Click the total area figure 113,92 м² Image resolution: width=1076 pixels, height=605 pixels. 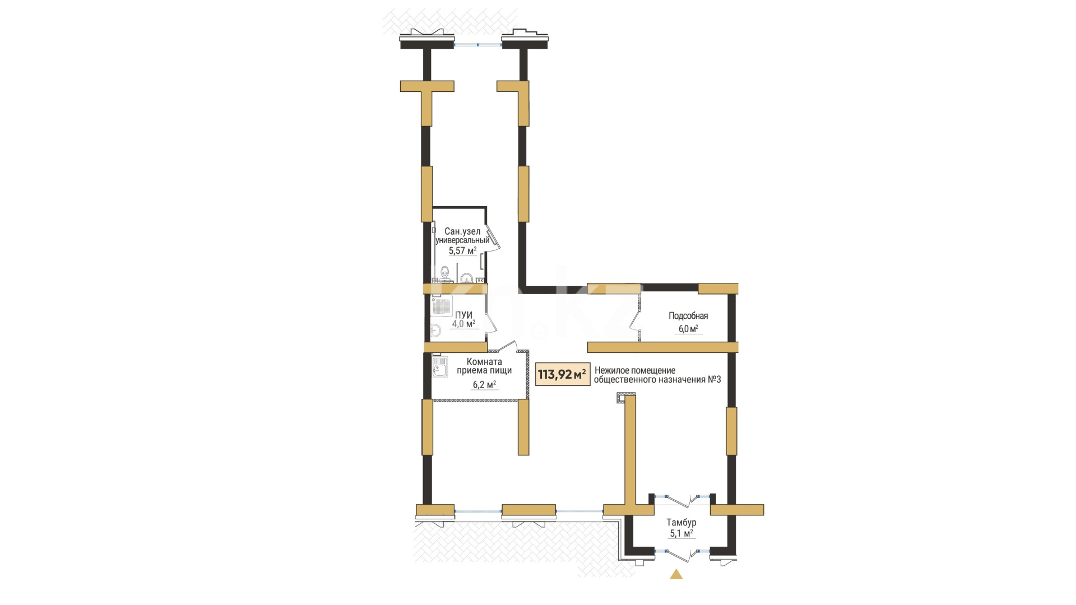coord(562,374)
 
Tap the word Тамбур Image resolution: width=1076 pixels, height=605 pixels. coord(681,523)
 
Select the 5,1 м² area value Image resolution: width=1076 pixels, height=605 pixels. coord(681,533)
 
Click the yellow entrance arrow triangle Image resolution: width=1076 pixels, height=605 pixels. coord(676,574)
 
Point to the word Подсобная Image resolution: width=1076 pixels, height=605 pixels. coord(688,316)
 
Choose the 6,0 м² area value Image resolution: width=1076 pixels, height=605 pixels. coord(688,329)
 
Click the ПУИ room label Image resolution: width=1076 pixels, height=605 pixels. coord(463,315)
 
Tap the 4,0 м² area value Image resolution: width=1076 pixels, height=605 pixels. coord(463,324)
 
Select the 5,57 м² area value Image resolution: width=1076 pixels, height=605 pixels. coord(462,251)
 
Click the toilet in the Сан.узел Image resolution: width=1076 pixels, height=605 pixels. coord(445,273)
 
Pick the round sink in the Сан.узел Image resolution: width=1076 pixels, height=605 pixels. coord(466,277)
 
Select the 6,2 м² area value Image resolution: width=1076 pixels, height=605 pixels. coord(484,385)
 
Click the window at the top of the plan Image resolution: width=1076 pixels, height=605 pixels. coord(477,44)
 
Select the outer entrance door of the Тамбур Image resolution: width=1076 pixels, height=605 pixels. coord(682,553)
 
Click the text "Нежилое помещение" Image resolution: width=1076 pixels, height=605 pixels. coord(635,370)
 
